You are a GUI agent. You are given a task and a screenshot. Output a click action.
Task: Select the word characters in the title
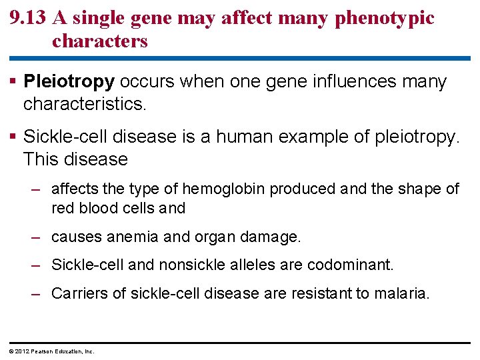tap(99, 41)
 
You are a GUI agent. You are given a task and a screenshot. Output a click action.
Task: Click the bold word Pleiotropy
tap(69, 82)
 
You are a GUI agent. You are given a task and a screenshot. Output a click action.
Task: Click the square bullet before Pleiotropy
tap(14, 82)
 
